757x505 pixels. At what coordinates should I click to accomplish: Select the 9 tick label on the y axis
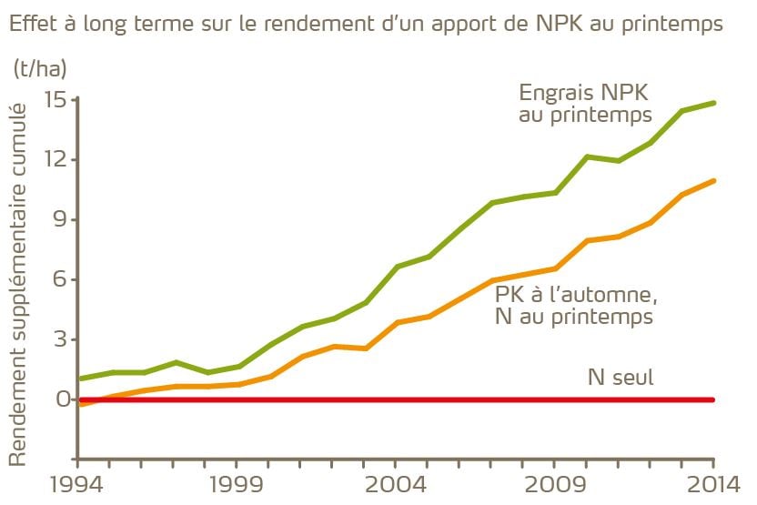click(60, 219)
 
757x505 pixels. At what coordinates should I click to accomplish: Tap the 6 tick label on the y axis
click(60, 279)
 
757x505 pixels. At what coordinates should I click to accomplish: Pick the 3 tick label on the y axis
click(60, 339)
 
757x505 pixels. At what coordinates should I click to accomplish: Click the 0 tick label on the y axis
click(60, 399)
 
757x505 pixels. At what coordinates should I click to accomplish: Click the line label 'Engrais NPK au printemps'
click(585, 104)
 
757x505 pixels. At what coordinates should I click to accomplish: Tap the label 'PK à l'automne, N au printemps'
click(575, 306)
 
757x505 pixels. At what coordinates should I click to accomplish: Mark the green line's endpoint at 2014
click(713, 103)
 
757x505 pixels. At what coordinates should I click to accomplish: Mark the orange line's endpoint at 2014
click(713, 180)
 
